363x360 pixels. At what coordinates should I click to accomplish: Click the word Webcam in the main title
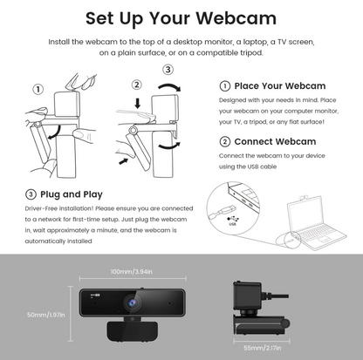(x=236, y=18)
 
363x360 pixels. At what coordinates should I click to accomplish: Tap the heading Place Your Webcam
(x=280, y=86)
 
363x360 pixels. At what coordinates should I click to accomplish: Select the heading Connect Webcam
(x=275, y=141)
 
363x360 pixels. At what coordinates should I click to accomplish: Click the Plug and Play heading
(x=72, y=194)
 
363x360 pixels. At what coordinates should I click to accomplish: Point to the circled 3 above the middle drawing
(x=168, y=70)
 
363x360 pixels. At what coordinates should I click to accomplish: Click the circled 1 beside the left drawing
(x=38, y=89)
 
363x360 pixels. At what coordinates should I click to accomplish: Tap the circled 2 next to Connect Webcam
(x=224, y=142)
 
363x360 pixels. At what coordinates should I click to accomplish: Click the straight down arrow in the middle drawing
(x=138, y=104)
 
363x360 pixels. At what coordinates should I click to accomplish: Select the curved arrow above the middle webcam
(x=170, y=85)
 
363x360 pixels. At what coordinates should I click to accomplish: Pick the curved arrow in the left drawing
(x=56, y=133)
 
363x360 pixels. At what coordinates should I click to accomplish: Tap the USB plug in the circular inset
(x=227, y=210)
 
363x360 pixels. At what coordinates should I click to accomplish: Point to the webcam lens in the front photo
(x=133, y=302)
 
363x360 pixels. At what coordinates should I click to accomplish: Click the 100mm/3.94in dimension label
(x=132, y=272)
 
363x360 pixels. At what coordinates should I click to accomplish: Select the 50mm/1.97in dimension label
(x=46, y=315)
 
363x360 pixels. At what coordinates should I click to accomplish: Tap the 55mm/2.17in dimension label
(x=263, y=348)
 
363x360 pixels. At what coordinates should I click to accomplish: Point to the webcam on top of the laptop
(x=303, y=198)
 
